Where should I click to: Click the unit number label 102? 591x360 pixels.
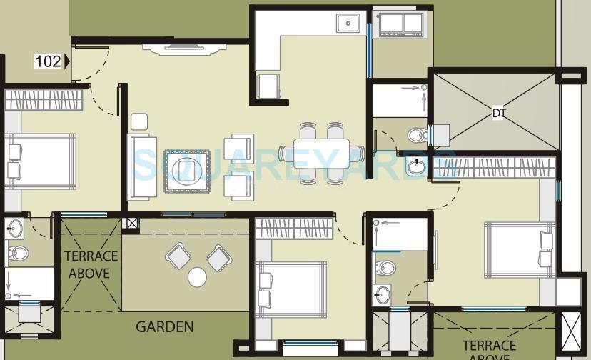click(x=48, y=61)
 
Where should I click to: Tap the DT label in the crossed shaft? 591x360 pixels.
click(x=497, y=113)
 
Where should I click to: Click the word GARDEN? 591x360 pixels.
click(x=165, y=327)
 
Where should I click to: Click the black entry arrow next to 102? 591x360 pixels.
click(x=67, y=61)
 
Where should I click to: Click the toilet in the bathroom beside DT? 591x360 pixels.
click(x=414, y=135)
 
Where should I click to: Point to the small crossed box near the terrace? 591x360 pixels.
click(x=131, y=223)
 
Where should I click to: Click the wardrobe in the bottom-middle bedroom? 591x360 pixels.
click(x=293, y=229)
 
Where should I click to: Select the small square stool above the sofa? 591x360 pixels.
click(x=138, y=121)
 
